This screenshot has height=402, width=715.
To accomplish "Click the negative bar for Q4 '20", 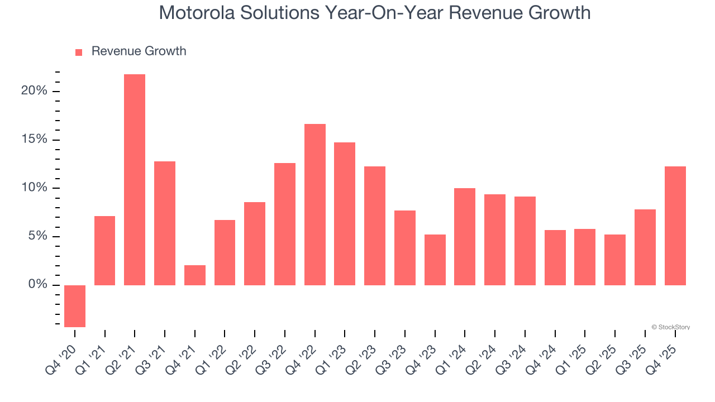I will click(75, 306).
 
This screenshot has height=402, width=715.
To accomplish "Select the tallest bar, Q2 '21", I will click(135, 180).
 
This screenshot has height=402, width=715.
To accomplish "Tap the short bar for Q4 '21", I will click(195, 275).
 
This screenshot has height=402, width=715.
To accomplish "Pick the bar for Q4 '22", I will click(315, 204).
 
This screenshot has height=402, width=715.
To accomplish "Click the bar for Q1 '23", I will click(345, 214).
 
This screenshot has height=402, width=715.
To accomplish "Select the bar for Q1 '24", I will click(465, 237).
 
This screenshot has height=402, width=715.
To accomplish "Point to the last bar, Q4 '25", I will click(675, 226).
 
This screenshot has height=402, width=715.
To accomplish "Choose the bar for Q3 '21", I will click(165, 223).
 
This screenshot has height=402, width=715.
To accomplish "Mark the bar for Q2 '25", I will click(615, 260).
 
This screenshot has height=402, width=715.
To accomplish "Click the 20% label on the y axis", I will click(34, 91).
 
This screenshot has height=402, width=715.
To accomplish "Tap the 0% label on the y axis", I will click(37, 285).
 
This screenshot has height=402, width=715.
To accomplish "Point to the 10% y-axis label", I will click(34, 188).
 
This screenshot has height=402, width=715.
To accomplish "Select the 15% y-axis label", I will click(34, 140).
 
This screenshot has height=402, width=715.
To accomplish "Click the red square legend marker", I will click(79, 52).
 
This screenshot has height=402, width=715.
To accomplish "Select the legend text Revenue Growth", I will click(139, 51).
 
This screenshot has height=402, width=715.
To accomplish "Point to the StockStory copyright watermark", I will click(670, 327).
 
